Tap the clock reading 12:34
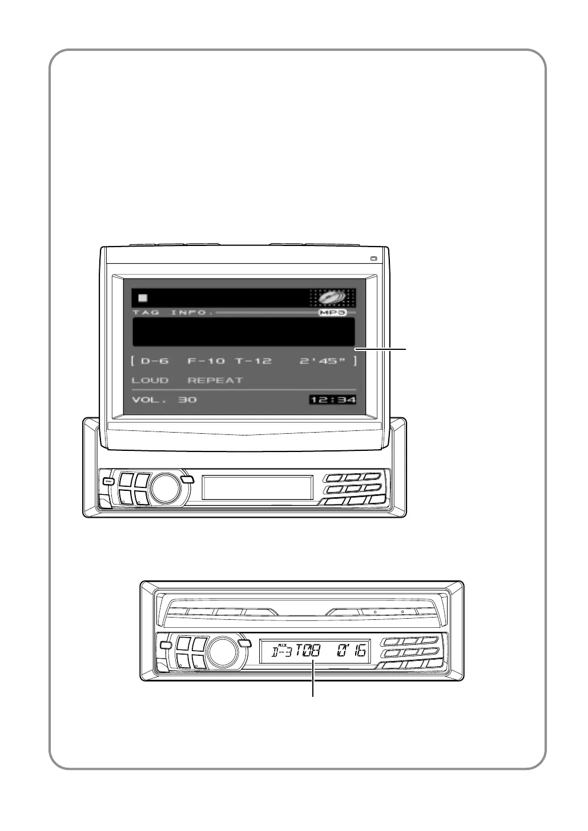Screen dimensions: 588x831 pyautogui.click(x=333, y=400)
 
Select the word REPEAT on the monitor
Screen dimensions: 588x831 pyautogui.click(x=215, y=380)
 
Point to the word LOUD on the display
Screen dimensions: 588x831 pyautogui.click(x=150, y=380)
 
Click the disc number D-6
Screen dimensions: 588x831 pyautogui.click(x=154, y=361)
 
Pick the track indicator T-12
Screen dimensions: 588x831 pyautogui.click(x=253, y=361)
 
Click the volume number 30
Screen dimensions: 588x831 pyautogui.click(x=187, y=400)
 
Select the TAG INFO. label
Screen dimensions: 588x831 pyautogui.click(x=173, y=313)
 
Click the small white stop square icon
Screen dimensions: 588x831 pyautogui.click(x=143, y=298)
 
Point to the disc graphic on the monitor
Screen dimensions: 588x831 pyautogui.click(x=332, y=297)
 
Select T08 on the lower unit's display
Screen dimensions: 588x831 pyautogui.click(x=308, y=651)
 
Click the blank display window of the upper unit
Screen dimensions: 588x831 pyautogui.click(x=257, y=488)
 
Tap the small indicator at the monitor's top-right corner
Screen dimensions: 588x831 pyautogui.click(x=373, y=259)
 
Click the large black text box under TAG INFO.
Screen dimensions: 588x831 pyautogui.click(x=244, y=332)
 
